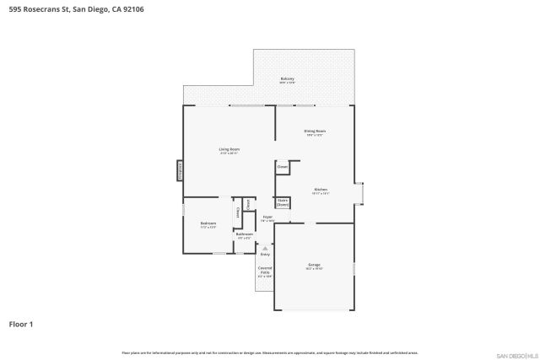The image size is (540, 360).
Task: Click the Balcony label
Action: pos(287,80)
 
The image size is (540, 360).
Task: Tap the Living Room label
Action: pos(229,151)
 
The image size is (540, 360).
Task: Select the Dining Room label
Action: pos(315,132)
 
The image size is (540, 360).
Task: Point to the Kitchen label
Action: pos(321,191)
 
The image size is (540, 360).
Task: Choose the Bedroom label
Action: pos(208,225)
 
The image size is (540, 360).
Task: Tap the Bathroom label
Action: pos(245,235)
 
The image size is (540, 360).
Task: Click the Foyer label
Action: pos(267,218)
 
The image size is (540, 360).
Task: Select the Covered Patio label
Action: pos(265,272)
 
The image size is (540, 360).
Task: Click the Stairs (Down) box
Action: pos(283,202)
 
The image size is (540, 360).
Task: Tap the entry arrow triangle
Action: pos(265,248)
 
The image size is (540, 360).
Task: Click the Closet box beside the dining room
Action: pos(283,167)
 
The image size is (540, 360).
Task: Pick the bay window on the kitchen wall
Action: pos(360,193)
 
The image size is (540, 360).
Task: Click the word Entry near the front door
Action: pos(265,254)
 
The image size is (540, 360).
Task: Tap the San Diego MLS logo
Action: pos(516,354)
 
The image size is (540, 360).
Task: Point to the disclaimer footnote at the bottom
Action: pos(270,352)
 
